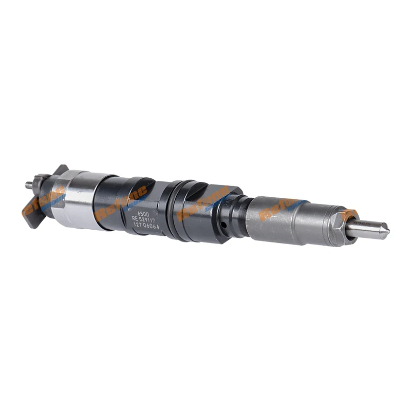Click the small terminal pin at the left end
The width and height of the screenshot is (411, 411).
29,184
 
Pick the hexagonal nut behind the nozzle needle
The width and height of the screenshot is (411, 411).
339,227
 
